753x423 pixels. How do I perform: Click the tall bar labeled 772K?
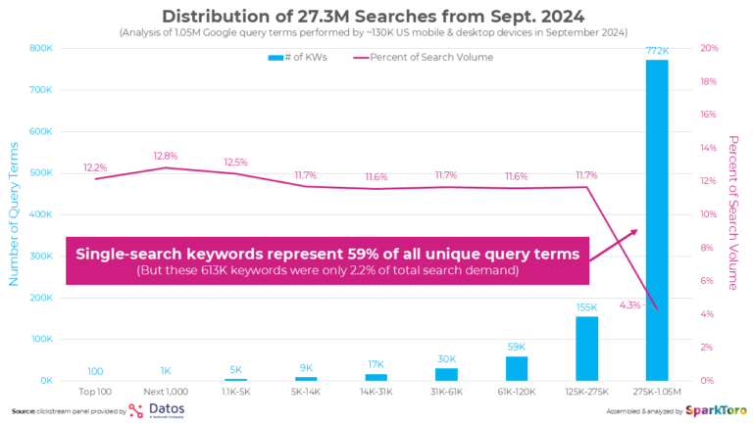[x=657, y=220]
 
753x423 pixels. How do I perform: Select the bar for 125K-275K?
[x=587, y=349]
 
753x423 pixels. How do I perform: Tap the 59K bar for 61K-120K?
[x=517, y=369]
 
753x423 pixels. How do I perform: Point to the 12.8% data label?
[x=166, y=156]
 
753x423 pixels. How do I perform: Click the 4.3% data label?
[x=629, y=305]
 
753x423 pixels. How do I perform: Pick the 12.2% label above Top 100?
[x=95, y=167]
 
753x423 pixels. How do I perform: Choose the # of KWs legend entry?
[x=298, y=57]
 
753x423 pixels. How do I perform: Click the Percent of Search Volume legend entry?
[x=424, y=57]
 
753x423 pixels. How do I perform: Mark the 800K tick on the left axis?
[x=41, y=48]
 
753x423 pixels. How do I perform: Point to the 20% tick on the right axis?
[x=709, y=48]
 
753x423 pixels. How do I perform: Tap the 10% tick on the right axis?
[x=708, y=214]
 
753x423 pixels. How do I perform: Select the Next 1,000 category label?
[x=166, y=392]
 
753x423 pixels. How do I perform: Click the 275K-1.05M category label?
[x=657, y=392]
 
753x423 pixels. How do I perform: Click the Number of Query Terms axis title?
[x=14, y=213]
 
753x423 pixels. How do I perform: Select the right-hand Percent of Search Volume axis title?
[x=733, y=212]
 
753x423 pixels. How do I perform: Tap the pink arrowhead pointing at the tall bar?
[x=634, y=232]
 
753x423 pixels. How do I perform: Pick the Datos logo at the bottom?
[x=157, y=410]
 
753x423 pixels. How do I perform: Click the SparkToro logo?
[x=716, y=411]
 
